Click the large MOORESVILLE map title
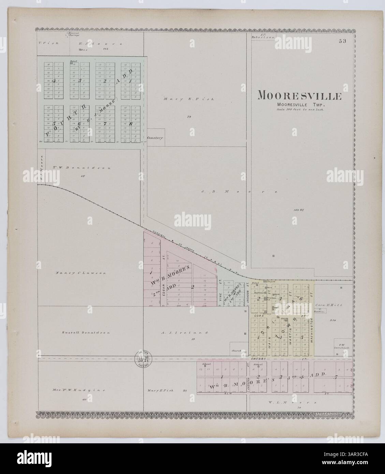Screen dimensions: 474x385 click(299, 96)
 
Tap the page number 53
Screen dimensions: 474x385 click(342, 42)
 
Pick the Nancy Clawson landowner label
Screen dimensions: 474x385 click(81, 273)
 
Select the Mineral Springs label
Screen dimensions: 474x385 click(74, 34)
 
